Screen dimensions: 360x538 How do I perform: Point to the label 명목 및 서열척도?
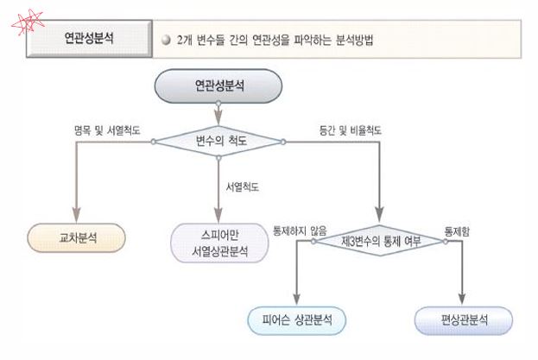click(109, 130)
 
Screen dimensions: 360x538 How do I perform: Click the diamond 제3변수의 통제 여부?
click(381, 241)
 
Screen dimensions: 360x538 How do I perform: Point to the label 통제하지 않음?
click(299, 231)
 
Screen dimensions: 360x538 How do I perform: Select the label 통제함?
click(458, 231)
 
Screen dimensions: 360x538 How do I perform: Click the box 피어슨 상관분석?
click(297, 320)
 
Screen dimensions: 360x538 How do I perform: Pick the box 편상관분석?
click(463, 320)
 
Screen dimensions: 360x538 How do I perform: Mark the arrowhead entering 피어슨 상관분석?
click(297, 300)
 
